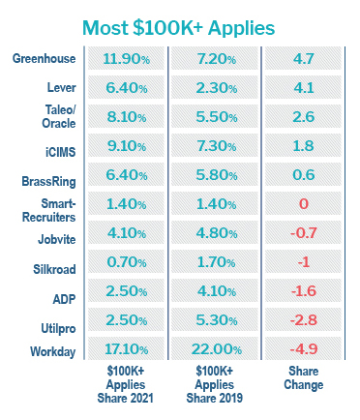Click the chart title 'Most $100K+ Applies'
179,26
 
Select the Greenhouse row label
45,59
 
